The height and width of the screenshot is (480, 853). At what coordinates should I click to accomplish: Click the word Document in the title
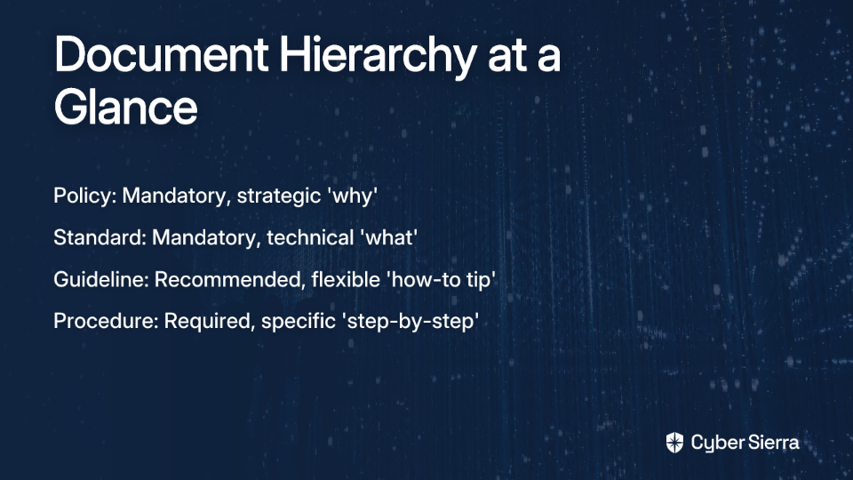click(x=161, y=54)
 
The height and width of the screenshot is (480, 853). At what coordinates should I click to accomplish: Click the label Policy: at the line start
click(x=85, y=196)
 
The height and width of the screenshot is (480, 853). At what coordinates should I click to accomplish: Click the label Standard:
click(x=100, y=238)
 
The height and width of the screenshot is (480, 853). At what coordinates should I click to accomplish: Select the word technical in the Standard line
click(x=310, y=238)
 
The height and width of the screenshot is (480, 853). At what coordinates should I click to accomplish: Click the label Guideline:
click(x=101, y=280)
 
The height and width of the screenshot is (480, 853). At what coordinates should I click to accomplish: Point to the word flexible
click(x=346, y=280)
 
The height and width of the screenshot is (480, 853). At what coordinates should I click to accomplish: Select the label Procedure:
click(x=106, y=321)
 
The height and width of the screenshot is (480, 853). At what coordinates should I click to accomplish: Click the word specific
click(x=299, y=322)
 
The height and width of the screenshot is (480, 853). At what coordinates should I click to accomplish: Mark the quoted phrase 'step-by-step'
click(x=411, y=322)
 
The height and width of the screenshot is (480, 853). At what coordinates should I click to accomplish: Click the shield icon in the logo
click(x=674, y=443)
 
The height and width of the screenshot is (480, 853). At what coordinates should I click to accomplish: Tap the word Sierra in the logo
click(x=772, y=443)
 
